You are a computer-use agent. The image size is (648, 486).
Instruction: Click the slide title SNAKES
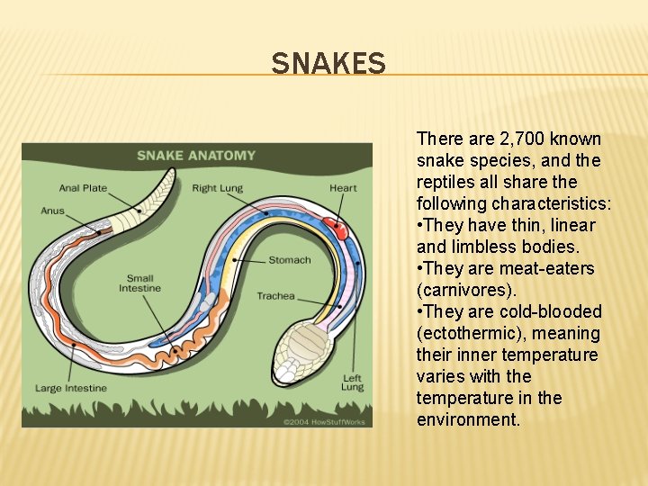pos(328,64)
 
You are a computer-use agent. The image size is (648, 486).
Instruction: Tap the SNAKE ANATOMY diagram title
pos(196,156)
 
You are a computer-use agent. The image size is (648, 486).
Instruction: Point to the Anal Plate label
pos(83,188)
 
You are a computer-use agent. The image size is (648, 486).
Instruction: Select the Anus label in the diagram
pos(52,211)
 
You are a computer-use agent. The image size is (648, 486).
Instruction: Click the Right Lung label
pos(217,188)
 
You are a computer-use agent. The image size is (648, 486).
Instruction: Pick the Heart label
pos(343,188)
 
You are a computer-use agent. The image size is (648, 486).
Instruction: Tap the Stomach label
pos(289,260)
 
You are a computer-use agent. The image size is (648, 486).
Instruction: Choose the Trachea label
pos(275,295)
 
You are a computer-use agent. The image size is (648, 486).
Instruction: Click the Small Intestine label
pos(139,283)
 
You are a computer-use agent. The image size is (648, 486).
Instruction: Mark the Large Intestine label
pos(71,388)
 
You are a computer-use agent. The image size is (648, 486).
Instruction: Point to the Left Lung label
pos(352,382)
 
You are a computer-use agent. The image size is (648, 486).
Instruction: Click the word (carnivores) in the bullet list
pos(467,290)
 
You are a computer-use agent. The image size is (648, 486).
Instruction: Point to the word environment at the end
pos(468,419)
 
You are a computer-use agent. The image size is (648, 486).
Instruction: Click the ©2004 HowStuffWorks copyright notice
pos(324,420)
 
